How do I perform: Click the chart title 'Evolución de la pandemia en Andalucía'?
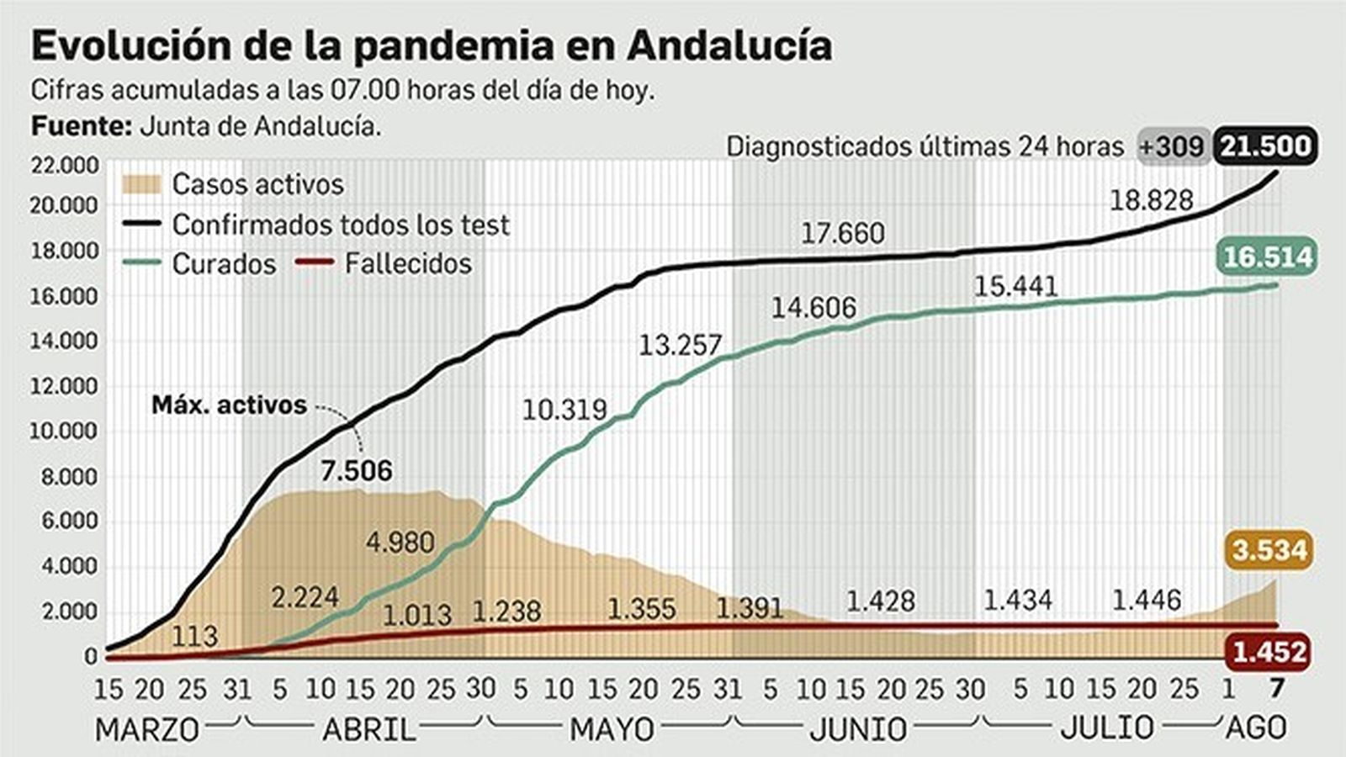tap(431, 45)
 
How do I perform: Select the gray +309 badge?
tap(1173, 146)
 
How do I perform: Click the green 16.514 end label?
tap(1267, 256)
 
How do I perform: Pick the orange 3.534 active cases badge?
tap(1269, 550)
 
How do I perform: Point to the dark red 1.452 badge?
tap(1269, 651)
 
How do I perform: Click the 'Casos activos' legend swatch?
tap(140, 184)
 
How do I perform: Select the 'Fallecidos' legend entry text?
tap(408, 263)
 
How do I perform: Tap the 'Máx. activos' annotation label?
tap(229, 405)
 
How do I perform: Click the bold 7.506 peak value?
tap(356, 470)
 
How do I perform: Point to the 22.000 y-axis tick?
tap(64, 165)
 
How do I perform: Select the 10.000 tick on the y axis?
tap(64, 431)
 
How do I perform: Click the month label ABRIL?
tap(368, 729)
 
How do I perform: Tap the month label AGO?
tap(1255, 728)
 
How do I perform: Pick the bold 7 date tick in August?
tap(1276, 690)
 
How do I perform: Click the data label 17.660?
tap(842, 233)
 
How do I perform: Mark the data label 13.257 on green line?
tap(680, 345)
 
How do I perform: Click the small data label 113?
tap(194, 636)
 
